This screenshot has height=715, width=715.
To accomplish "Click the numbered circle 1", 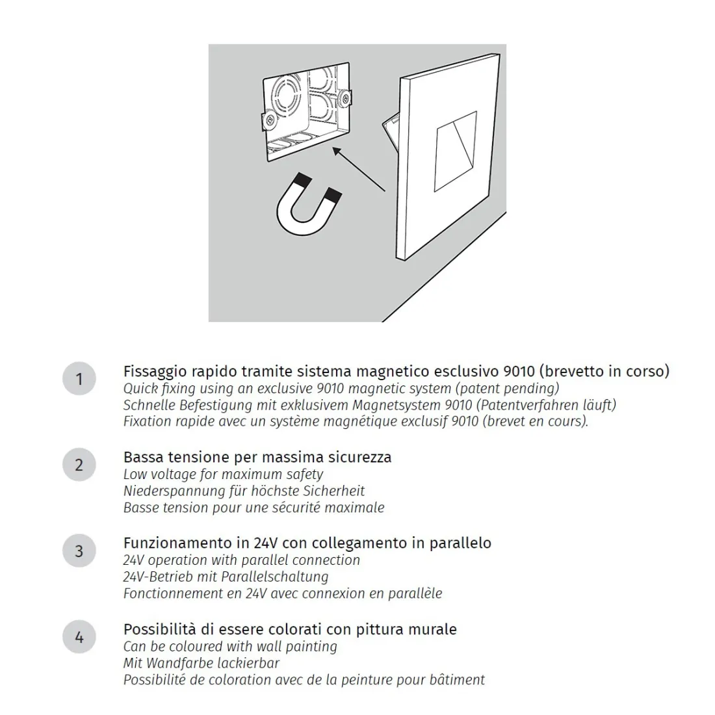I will [79, 379].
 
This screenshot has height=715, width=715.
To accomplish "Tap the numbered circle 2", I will [79, 465].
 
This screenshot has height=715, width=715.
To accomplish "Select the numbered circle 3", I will [79, 551].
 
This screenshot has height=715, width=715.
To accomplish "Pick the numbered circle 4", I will [79, 637].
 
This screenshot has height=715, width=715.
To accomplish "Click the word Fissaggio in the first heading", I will [155, 372].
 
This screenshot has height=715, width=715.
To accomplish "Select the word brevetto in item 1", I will [573, 372].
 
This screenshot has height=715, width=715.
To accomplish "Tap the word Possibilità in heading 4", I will [160, 629].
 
